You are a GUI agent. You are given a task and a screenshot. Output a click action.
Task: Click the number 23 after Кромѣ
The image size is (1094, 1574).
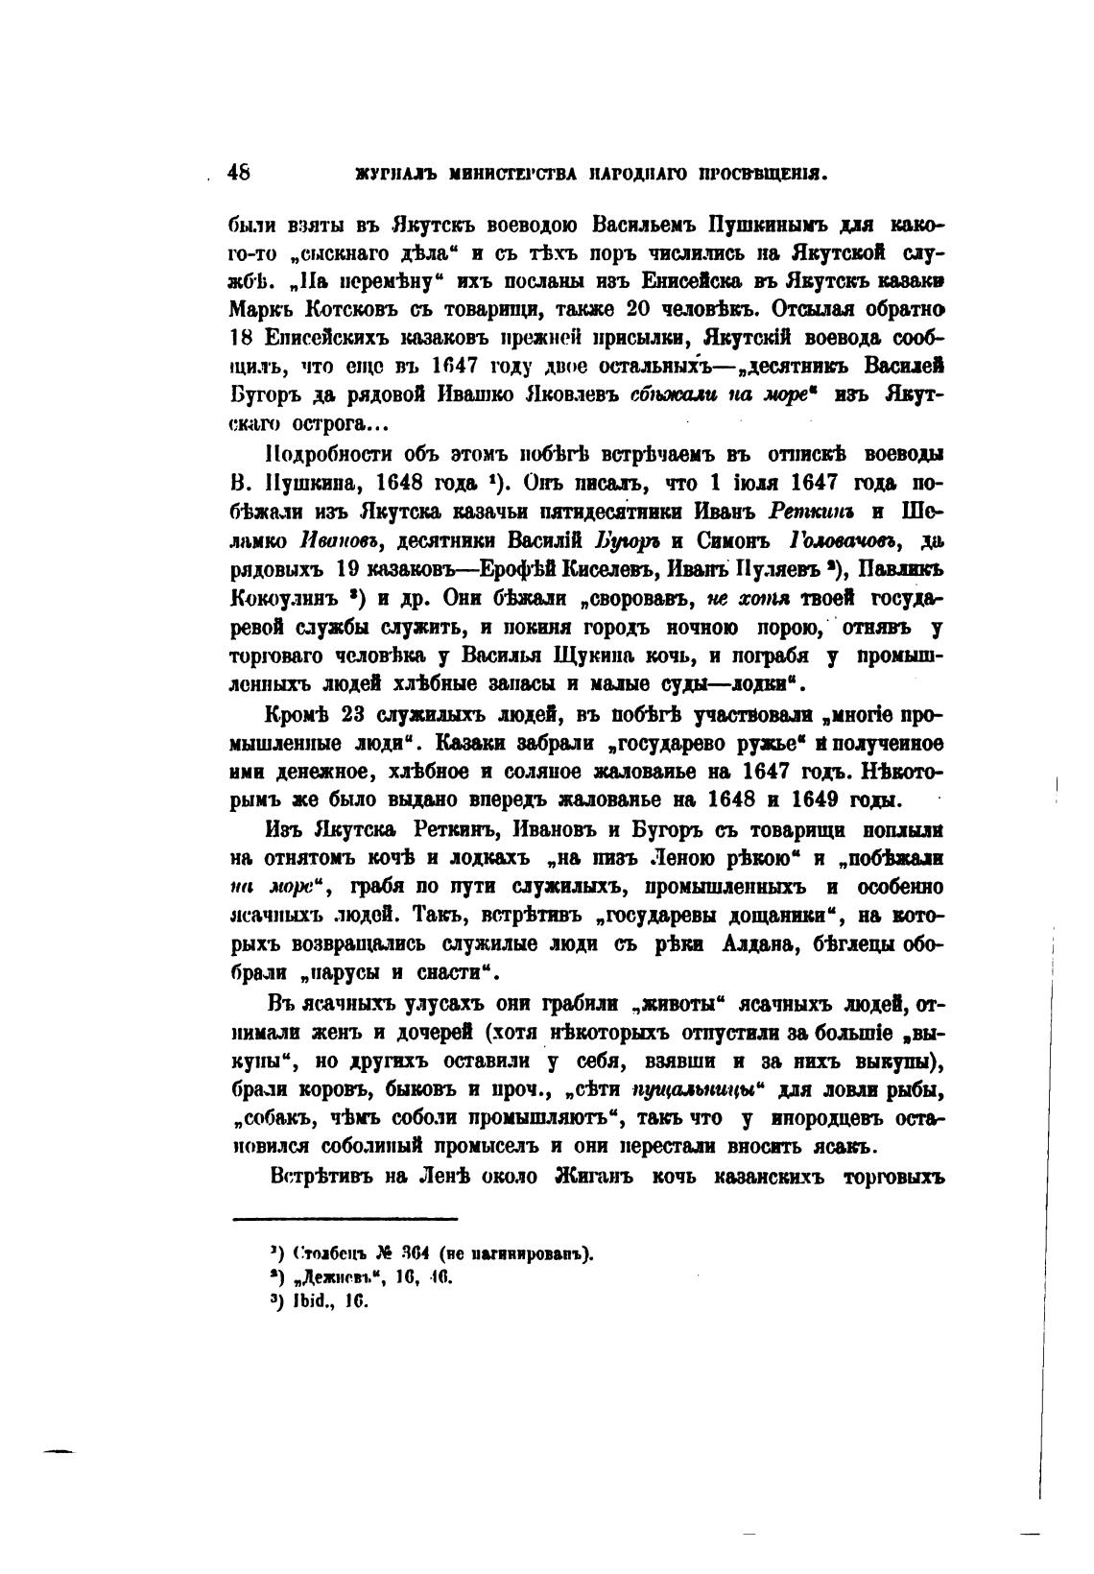click(346, 714)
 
